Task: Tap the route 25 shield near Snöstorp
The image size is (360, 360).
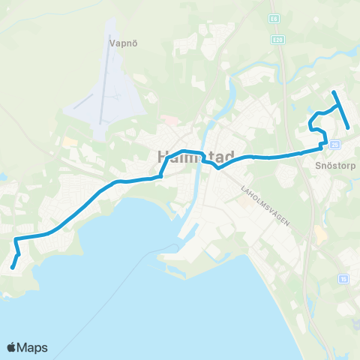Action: point(334,144)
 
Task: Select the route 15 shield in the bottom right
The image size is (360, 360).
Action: point(343,278)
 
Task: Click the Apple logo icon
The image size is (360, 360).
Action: point(13,347)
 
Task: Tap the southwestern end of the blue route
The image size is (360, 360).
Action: point(12,267)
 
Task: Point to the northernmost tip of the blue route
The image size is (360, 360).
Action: point(334,92)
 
